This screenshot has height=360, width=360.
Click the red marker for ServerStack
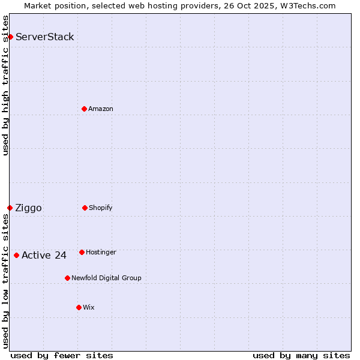(x=10, y=37)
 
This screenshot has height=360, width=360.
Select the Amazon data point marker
(x=84, y=109)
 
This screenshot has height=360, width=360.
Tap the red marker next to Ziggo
(x=10, y=208)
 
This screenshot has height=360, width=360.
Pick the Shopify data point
(x=85, y=208)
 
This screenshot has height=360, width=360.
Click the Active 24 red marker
(x=16, y=255)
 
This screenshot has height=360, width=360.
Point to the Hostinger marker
(x=82, y=252)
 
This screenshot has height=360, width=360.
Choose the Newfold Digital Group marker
(x=67, y=278)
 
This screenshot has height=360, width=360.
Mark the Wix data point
(x=79, y=307)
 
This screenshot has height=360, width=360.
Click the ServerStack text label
(x=45, y=37)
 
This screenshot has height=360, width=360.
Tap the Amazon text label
(x=101, y=109)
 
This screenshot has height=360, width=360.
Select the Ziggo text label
(x=29, y=208)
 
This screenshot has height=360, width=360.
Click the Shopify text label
(x=101, y=208)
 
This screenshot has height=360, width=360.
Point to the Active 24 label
(x=44, y=256)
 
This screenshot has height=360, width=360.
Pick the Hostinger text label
(x=101, y=252)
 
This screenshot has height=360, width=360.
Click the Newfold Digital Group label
(x=106, y=278)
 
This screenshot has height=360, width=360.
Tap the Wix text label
(x=89, y=307)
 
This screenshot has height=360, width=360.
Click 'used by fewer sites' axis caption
(x=62, y=355)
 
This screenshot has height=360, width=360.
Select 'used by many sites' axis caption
(x=301, y=355)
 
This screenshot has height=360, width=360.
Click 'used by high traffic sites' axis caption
(x=6, y=85)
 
